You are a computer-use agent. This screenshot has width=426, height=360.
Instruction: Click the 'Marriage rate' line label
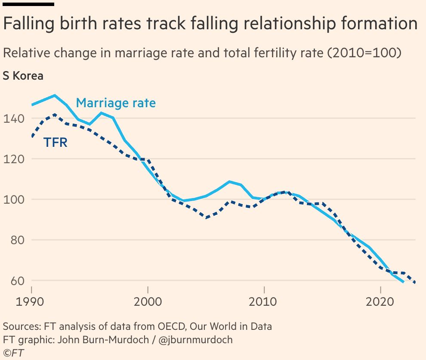pyautogui.click(x=116, y=103)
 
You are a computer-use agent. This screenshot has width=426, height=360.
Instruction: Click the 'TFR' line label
pyautogui.click(x=56, y=143)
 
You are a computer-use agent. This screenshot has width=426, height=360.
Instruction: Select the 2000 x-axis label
pyautogui.click(x=148, y=301)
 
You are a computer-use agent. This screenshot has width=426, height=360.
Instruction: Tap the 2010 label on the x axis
pyautogui.click(x=264, y=301)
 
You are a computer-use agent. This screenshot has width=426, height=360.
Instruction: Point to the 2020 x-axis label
pyautogui.click(x=380, y=301)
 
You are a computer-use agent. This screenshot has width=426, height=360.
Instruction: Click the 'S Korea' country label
pyautogui.click(x=23, y=76)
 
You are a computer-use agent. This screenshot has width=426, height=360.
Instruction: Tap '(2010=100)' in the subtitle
pyautogui.click(x=364, y=53)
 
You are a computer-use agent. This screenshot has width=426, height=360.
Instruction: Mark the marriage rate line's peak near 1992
pyautogui.click(x=55, y=95)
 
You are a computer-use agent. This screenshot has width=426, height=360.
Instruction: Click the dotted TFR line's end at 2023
pyautogui.click(x=414, y=282)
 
